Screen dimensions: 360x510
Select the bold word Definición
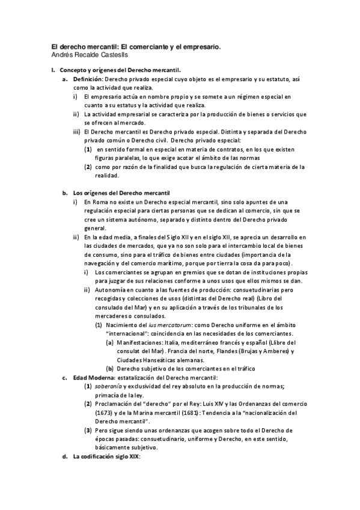(x=88, y=79)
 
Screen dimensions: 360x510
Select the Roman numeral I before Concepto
(x=53, y=70)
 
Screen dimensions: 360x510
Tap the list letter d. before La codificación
(x=65, y=457)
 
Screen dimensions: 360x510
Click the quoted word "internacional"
(x=129, y=334)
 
